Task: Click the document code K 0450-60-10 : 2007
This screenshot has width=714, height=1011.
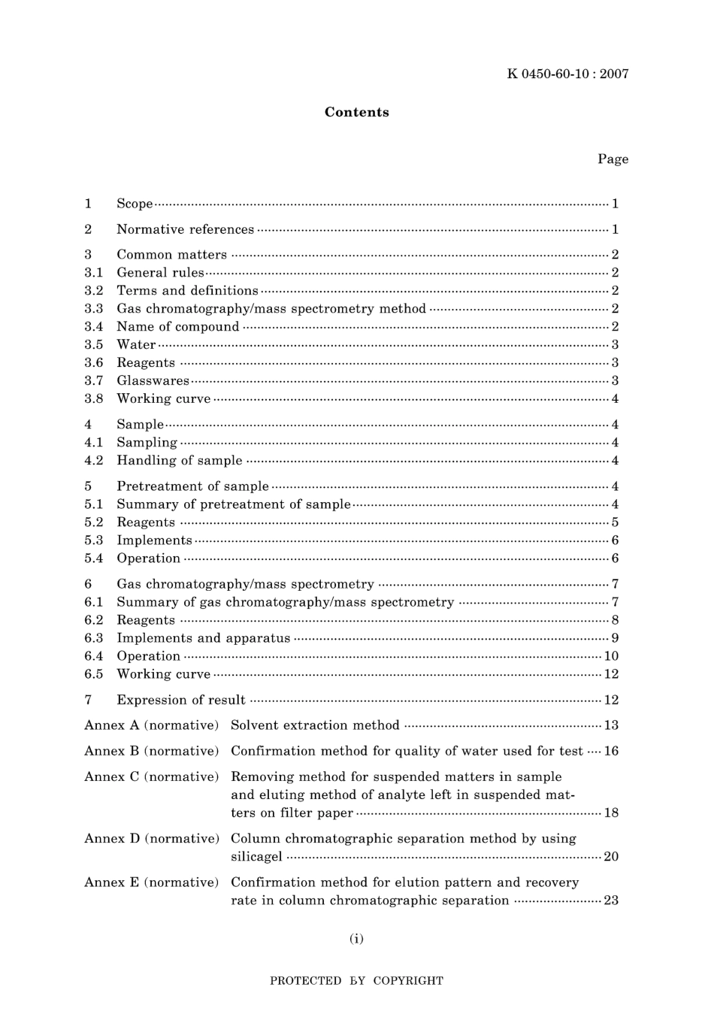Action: [567, 74]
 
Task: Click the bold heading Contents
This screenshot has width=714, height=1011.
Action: [356, 112]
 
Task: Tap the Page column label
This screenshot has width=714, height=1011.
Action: [613, 159]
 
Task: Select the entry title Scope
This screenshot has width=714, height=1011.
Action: [135, 204]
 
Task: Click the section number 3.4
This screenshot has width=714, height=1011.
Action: [93, 326]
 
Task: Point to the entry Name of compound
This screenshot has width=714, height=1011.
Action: [177, 326]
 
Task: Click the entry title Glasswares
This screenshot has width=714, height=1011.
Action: [153, 380]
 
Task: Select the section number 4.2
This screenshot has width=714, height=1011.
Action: [93, 460]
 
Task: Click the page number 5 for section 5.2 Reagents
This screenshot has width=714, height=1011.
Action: [615, 522]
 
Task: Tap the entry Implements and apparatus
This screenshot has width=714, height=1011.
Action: [203, 638]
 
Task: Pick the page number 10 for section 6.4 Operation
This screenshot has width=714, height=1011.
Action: [611, 656]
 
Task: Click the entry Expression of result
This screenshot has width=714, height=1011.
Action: [180, 700]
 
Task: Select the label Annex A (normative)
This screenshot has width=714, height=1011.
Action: [151, 725]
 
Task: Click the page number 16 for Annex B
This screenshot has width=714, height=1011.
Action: [611, 751]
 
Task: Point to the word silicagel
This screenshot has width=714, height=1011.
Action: [256, 856]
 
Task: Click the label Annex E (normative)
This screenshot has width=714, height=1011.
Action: [151, 882]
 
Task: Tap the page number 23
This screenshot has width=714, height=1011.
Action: [611, 901]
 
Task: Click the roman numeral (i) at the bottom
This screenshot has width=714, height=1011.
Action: [356, 938]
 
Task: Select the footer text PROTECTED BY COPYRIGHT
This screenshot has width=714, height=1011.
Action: [356, 981]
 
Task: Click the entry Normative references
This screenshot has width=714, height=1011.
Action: [185, 229]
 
